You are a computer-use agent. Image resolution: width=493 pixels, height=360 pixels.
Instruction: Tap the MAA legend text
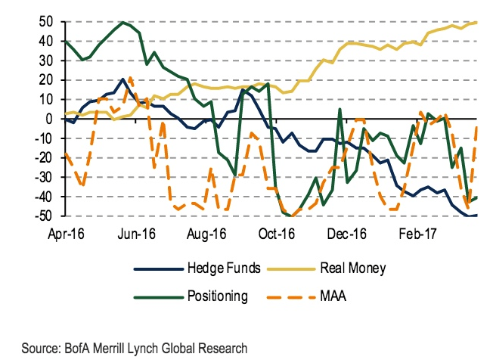336,296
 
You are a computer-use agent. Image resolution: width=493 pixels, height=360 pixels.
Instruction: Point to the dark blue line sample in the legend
158,268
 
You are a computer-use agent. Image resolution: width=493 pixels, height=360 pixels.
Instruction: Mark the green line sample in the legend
158,296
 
